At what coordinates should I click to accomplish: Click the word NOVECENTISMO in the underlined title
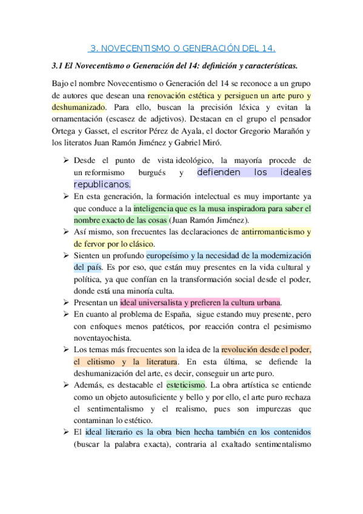tap(129, 48)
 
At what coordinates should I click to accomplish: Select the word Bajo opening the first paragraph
tap(61, 83)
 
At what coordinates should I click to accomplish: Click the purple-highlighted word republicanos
tap(102, 184)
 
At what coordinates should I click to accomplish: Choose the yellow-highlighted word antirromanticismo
tap(271, 232)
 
